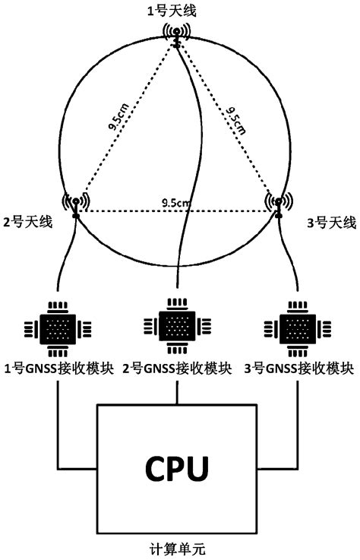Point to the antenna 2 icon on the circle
[x=76, y=203]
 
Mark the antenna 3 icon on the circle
[x=278, y=203]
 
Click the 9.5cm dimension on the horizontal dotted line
[x=176, y=203]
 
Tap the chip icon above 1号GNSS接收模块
[x=58, y=329]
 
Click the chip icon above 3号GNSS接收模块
[x=295, y=329]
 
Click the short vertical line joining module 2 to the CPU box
[x=177, y=391]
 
